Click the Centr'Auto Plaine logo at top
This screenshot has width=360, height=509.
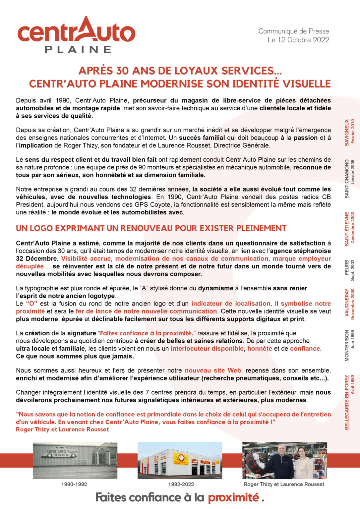point(77,35)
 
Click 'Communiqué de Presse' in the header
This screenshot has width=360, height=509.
point(294,31)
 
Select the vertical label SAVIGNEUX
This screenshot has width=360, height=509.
point(347,132)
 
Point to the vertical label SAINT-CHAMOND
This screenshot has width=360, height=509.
point(347,179)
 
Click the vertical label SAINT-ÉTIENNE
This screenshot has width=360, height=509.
point(347,229)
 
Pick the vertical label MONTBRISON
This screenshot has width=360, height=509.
point(347,345)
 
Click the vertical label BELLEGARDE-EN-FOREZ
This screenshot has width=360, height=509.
point(347,402)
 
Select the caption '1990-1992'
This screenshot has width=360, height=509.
point(74,484)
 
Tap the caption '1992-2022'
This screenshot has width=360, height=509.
point(181,484)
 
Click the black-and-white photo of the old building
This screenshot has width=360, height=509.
point(75,460)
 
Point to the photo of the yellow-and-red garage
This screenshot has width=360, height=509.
point(180,460)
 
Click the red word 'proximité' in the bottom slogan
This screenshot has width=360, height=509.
point(233,497)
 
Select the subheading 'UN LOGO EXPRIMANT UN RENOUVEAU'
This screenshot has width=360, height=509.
point(151,228)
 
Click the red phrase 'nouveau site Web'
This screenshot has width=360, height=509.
point(213,370)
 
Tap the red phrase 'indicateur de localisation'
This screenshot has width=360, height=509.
point(231,304)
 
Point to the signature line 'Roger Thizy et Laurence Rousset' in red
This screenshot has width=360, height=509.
point(62,429)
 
